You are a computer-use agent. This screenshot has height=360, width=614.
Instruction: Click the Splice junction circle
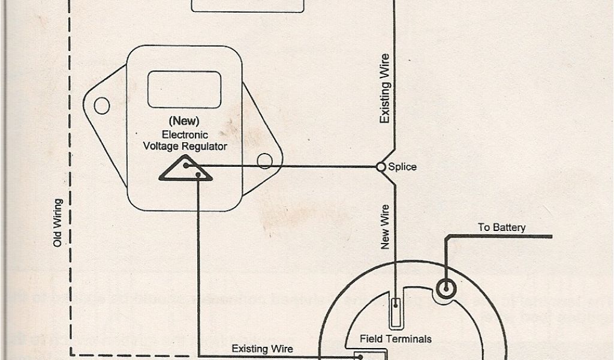click(x=380, y=167)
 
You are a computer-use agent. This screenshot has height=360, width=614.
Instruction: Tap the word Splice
click(x=402, y=167)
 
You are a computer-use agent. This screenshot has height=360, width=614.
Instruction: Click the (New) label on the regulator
click(x=185, y=122)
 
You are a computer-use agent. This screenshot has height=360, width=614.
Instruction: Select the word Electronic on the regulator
click(x=185, y=135)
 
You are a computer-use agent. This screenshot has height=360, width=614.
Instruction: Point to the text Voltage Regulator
click(x=185, y=146)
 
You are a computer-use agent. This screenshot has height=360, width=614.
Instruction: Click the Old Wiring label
click(x=58, y=222)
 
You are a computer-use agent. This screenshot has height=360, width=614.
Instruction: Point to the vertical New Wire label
click(x=386, y=226)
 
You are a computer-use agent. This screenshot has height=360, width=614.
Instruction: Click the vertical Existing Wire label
click(x=386, y=89)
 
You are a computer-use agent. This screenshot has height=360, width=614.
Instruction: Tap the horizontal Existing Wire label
click(x=262, y=347)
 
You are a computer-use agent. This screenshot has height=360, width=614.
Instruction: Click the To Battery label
click(x=501, y=227)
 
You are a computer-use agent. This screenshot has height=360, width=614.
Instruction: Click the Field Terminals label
click(x=395, y=339)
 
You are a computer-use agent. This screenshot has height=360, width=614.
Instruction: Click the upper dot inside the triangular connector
click(x=186, y=165)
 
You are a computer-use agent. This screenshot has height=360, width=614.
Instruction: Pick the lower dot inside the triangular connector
click(x=197, y=175)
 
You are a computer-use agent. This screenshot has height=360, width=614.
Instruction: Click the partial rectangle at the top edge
click(x=248, y=6)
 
